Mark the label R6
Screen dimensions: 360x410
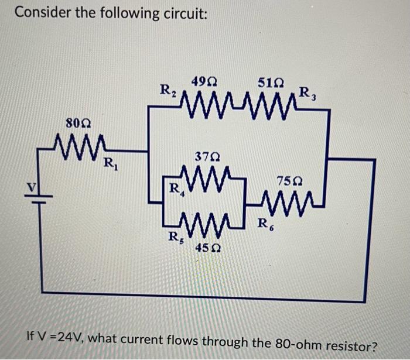(265, 223)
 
